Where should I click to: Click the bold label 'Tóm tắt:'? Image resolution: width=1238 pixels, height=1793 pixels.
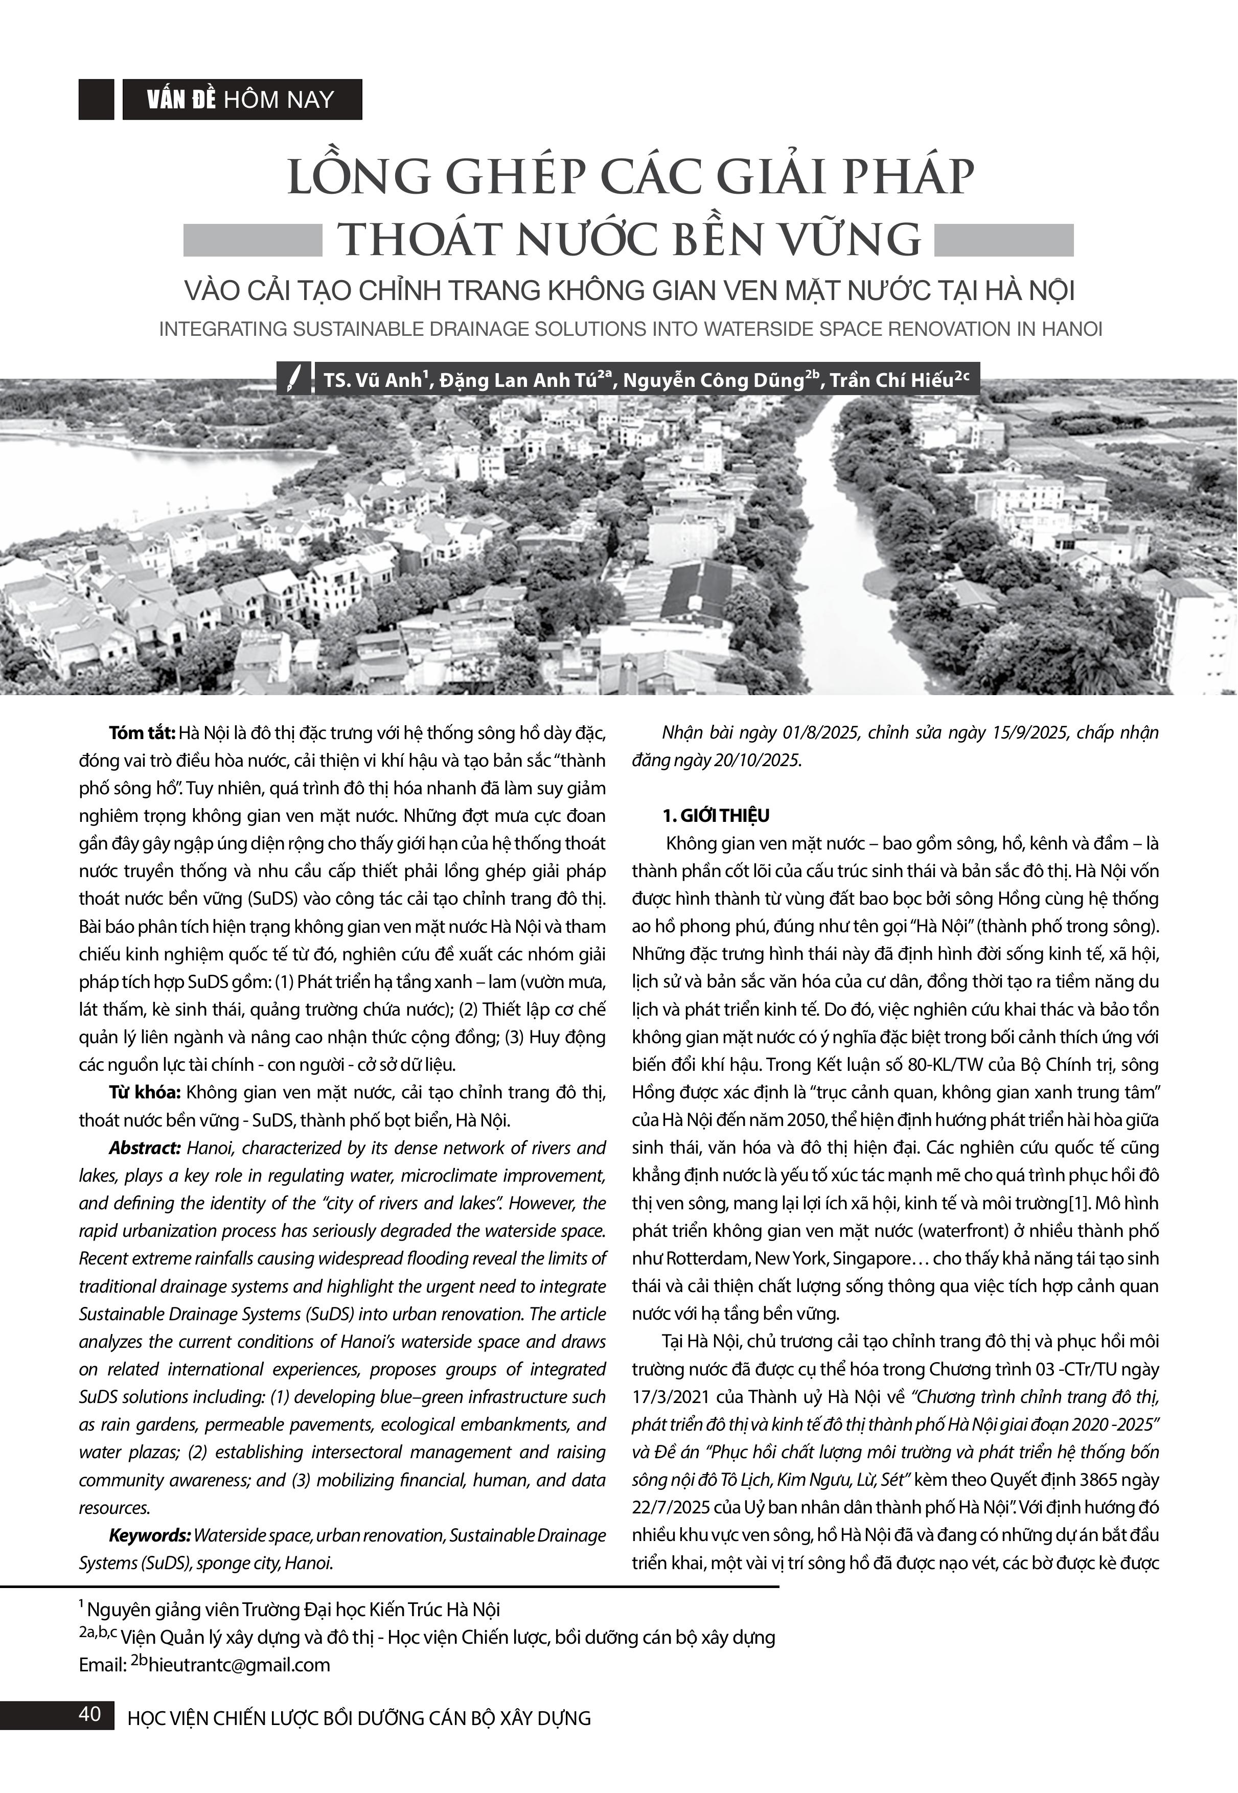coord(142,733)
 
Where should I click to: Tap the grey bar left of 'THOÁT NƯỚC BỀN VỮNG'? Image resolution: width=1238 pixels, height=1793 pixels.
coord(252,240)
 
